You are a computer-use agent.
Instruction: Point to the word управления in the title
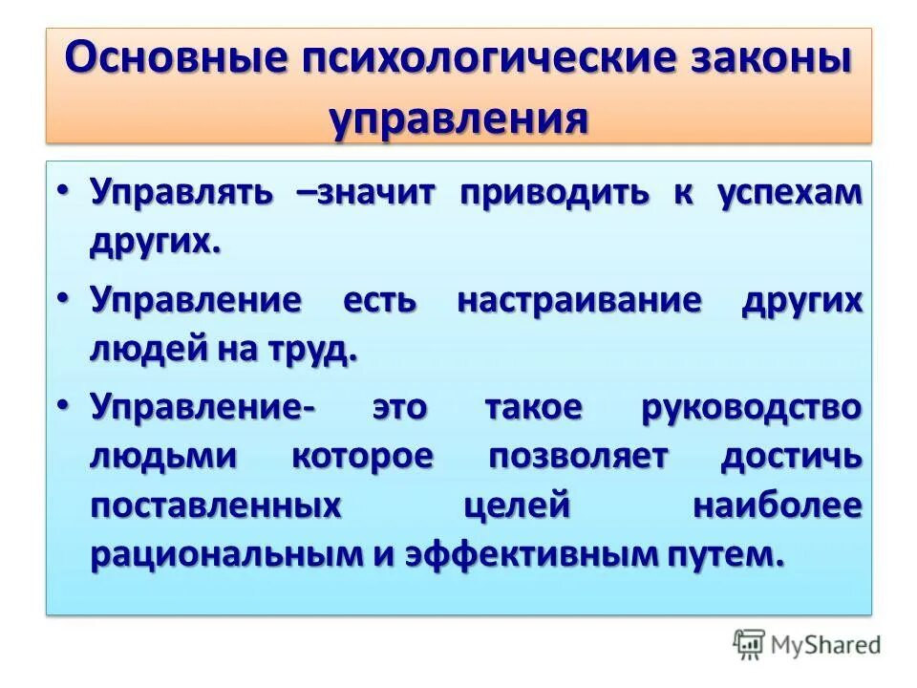458,119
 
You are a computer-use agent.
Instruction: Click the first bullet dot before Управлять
62,192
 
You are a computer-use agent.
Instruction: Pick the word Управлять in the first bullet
181,192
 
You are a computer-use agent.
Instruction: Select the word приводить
555,192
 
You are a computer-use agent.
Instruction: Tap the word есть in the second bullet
379,300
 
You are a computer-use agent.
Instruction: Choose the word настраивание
580,300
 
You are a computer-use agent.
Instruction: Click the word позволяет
578,457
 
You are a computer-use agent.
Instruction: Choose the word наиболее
778,505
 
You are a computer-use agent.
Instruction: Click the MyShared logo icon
750,645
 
